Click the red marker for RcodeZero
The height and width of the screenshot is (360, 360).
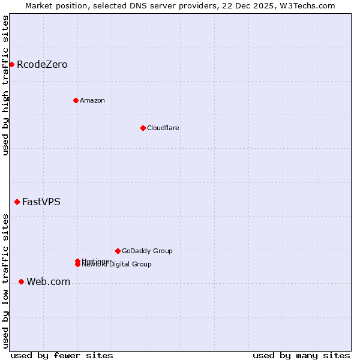coord(11,64)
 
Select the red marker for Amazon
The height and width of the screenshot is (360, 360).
coord(76,100)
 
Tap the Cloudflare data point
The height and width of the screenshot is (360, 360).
coord(143,128)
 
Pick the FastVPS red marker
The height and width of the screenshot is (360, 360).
coord(17,202)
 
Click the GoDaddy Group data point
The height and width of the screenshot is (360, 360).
coord(118,251)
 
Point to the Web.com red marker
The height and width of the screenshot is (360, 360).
coord(21,281)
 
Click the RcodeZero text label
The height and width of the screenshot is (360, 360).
coord(42,64)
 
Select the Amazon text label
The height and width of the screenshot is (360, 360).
coord(92,100)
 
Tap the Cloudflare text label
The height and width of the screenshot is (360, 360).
coord(163,128)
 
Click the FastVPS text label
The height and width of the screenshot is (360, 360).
coord(41,202)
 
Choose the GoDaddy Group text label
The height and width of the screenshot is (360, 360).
coord(147,251)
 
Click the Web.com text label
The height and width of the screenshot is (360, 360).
coord(49,281)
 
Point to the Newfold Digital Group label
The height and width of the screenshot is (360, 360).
coord(117,265)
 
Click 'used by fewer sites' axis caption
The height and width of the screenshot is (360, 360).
coord(62,355)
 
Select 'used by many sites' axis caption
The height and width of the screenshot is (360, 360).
coord(301,355)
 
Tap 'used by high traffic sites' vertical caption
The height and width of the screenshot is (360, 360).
coord(5,85)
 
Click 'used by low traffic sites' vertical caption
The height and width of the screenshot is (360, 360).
coord(5,281)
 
